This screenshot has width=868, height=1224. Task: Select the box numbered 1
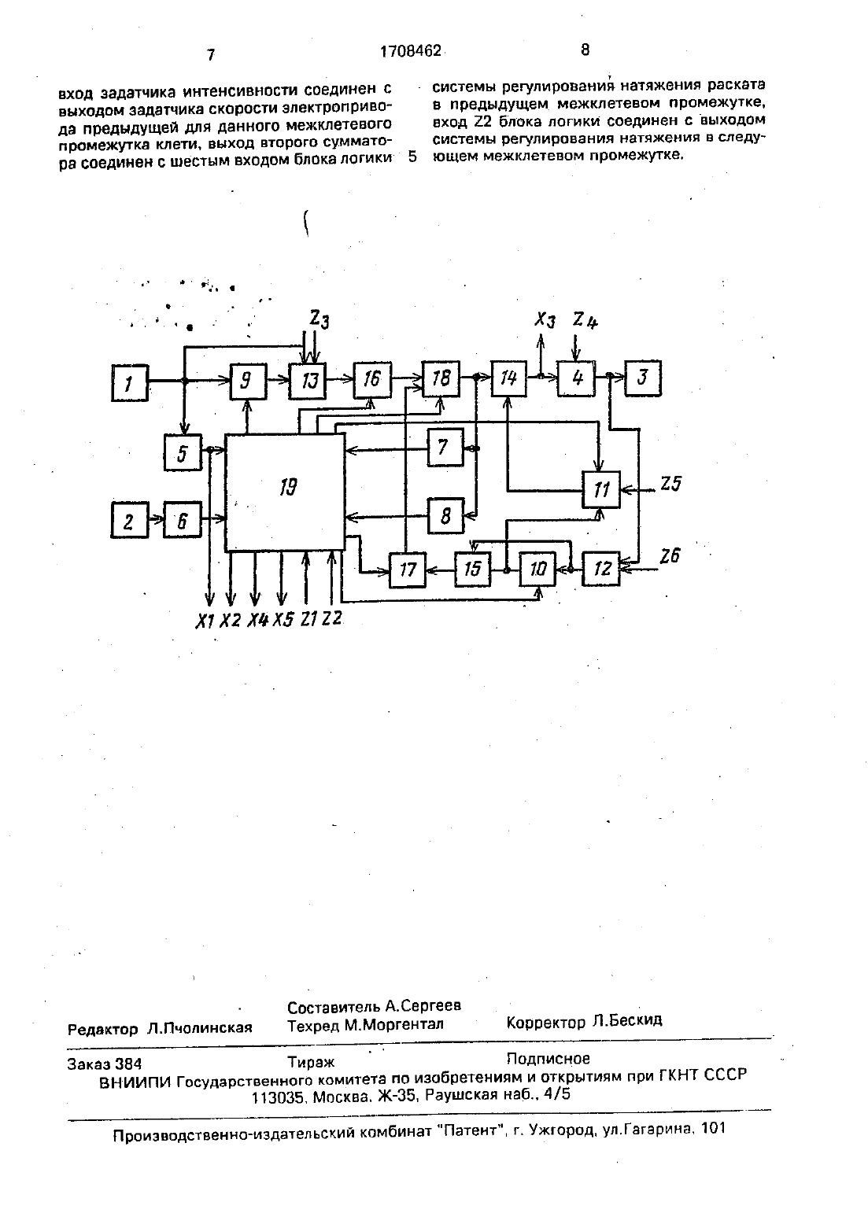(x=130, y=383)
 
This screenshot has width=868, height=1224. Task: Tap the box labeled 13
(x=308, y=380)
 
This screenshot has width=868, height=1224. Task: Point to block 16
(x=372, y=379)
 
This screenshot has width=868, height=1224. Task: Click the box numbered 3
(x=643, y=378)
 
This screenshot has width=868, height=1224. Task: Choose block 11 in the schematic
(x=601, y=489)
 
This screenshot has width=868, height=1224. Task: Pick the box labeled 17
(x=407, y=570)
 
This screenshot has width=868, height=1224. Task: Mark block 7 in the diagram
(x=445, y=448)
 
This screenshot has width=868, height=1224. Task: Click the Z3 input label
(x=319, y=319)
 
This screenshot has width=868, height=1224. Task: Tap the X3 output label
(x=545, y=320)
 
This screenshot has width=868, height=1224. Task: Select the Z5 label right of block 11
(x=670, y=484)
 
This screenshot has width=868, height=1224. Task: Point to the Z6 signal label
(x=670, y=556)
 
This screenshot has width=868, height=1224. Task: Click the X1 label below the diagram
(x=205, y=621)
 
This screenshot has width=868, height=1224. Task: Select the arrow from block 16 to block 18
(x=407, y=378)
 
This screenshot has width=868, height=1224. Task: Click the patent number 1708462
(x=411, y=51)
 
